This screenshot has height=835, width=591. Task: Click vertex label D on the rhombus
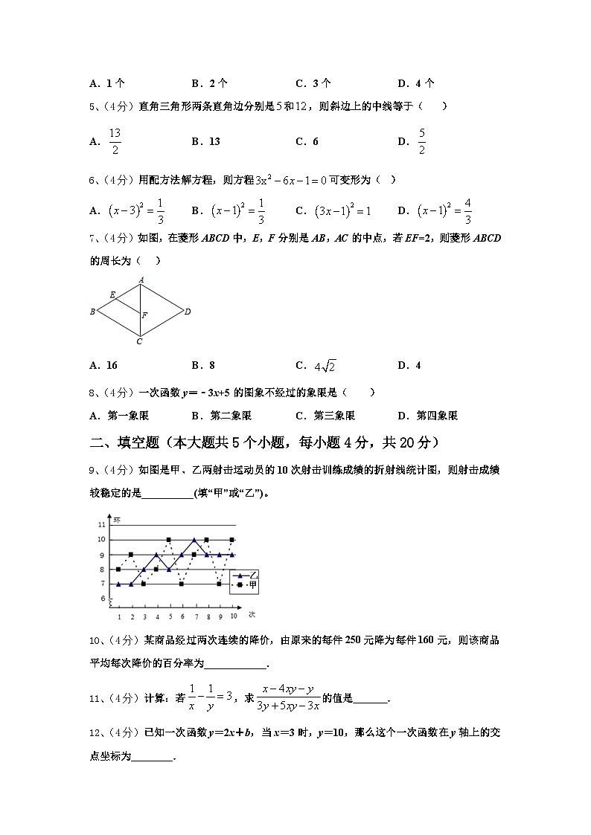[x=188, y=312]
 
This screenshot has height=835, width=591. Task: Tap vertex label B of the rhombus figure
[x=92, y=312]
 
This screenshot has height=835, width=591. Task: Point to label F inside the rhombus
[x=144, y=316]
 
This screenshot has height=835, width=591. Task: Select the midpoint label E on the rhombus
[x=112, y=295]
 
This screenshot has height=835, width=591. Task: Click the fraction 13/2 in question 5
[x=115, y=141]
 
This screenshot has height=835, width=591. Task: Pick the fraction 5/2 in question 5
[x=421, y=141]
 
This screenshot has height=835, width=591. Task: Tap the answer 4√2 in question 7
[x=325, y=366]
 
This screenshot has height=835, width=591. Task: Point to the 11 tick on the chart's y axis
[x=101, y=524]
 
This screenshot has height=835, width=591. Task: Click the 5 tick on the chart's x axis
[x=169, y=616]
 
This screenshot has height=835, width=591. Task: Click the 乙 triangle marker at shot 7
[x=194, y=540]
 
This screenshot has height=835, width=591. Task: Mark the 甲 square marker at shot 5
[x=169, y=540]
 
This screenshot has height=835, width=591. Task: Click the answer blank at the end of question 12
[x=152, y=756]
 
